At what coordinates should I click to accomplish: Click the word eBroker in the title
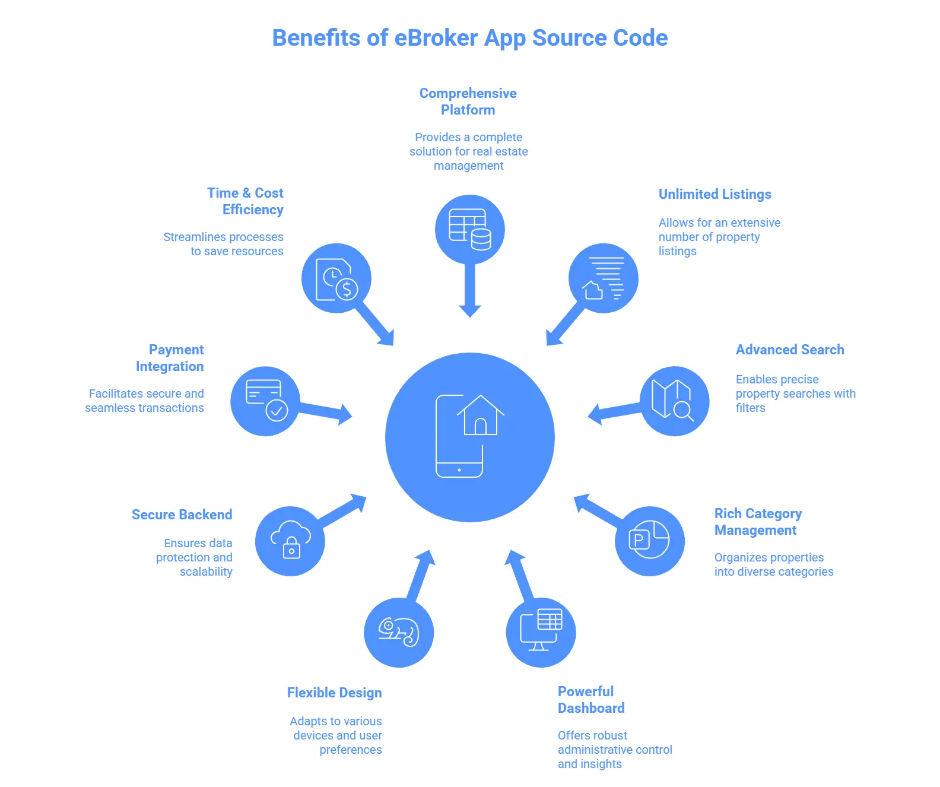click(436, 38)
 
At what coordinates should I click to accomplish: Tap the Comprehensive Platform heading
click(468, 101)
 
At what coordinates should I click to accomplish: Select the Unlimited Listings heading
click(714, 194)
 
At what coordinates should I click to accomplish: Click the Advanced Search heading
click(789, 350)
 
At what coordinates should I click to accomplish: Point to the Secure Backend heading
click(182, 515)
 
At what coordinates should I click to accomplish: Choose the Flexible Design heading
click(334, 693)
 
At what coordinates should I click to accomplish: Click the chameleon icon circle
click(399, 632)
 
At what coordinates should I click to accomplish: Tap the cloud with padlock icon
click(290, 541)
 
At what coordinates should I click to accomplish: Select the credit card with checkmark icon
click(265, 401)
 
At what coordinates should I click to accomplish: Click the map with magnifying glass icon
click(674, 401)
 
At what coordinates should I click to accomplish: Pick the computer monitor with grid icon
click(541, 632)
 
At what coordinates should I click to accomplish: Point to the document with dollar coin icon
click(336, 278)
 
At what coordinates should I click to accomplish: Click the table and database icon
click(469, 230)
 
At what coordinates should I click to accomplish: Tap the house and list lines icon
click(603, 278)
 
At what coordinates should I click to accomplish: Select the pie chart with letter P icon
click(649, 540)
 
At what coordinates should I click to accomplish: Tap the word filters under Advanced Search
click(750, 408)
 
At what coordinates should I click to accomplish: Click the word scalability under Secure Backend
click(206, 572)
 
